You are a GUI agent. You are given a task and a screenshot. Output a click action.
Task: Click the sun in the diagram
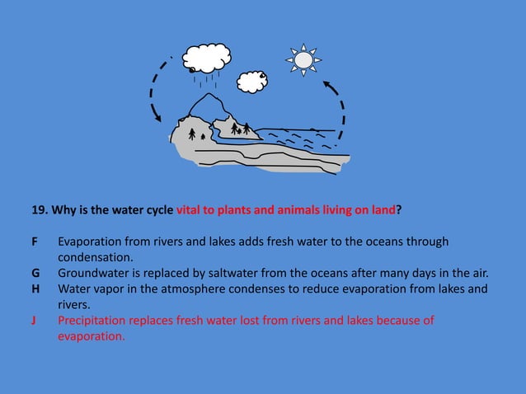click(303, 59)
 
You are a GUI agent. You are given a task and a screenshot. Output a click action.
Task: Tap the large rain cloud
click(208, 58)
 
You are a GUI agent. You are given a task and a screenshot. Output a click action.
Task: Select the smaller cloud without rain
click(251, 81)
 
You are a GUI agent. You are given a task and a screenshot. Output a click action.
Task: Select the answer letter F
click(35, 242)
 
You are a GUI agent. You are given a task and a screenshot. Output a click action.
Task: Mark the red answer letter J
click(35, 321)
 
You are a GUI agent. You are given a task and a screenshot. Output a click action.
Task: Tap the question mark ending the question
click(400, 209)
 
